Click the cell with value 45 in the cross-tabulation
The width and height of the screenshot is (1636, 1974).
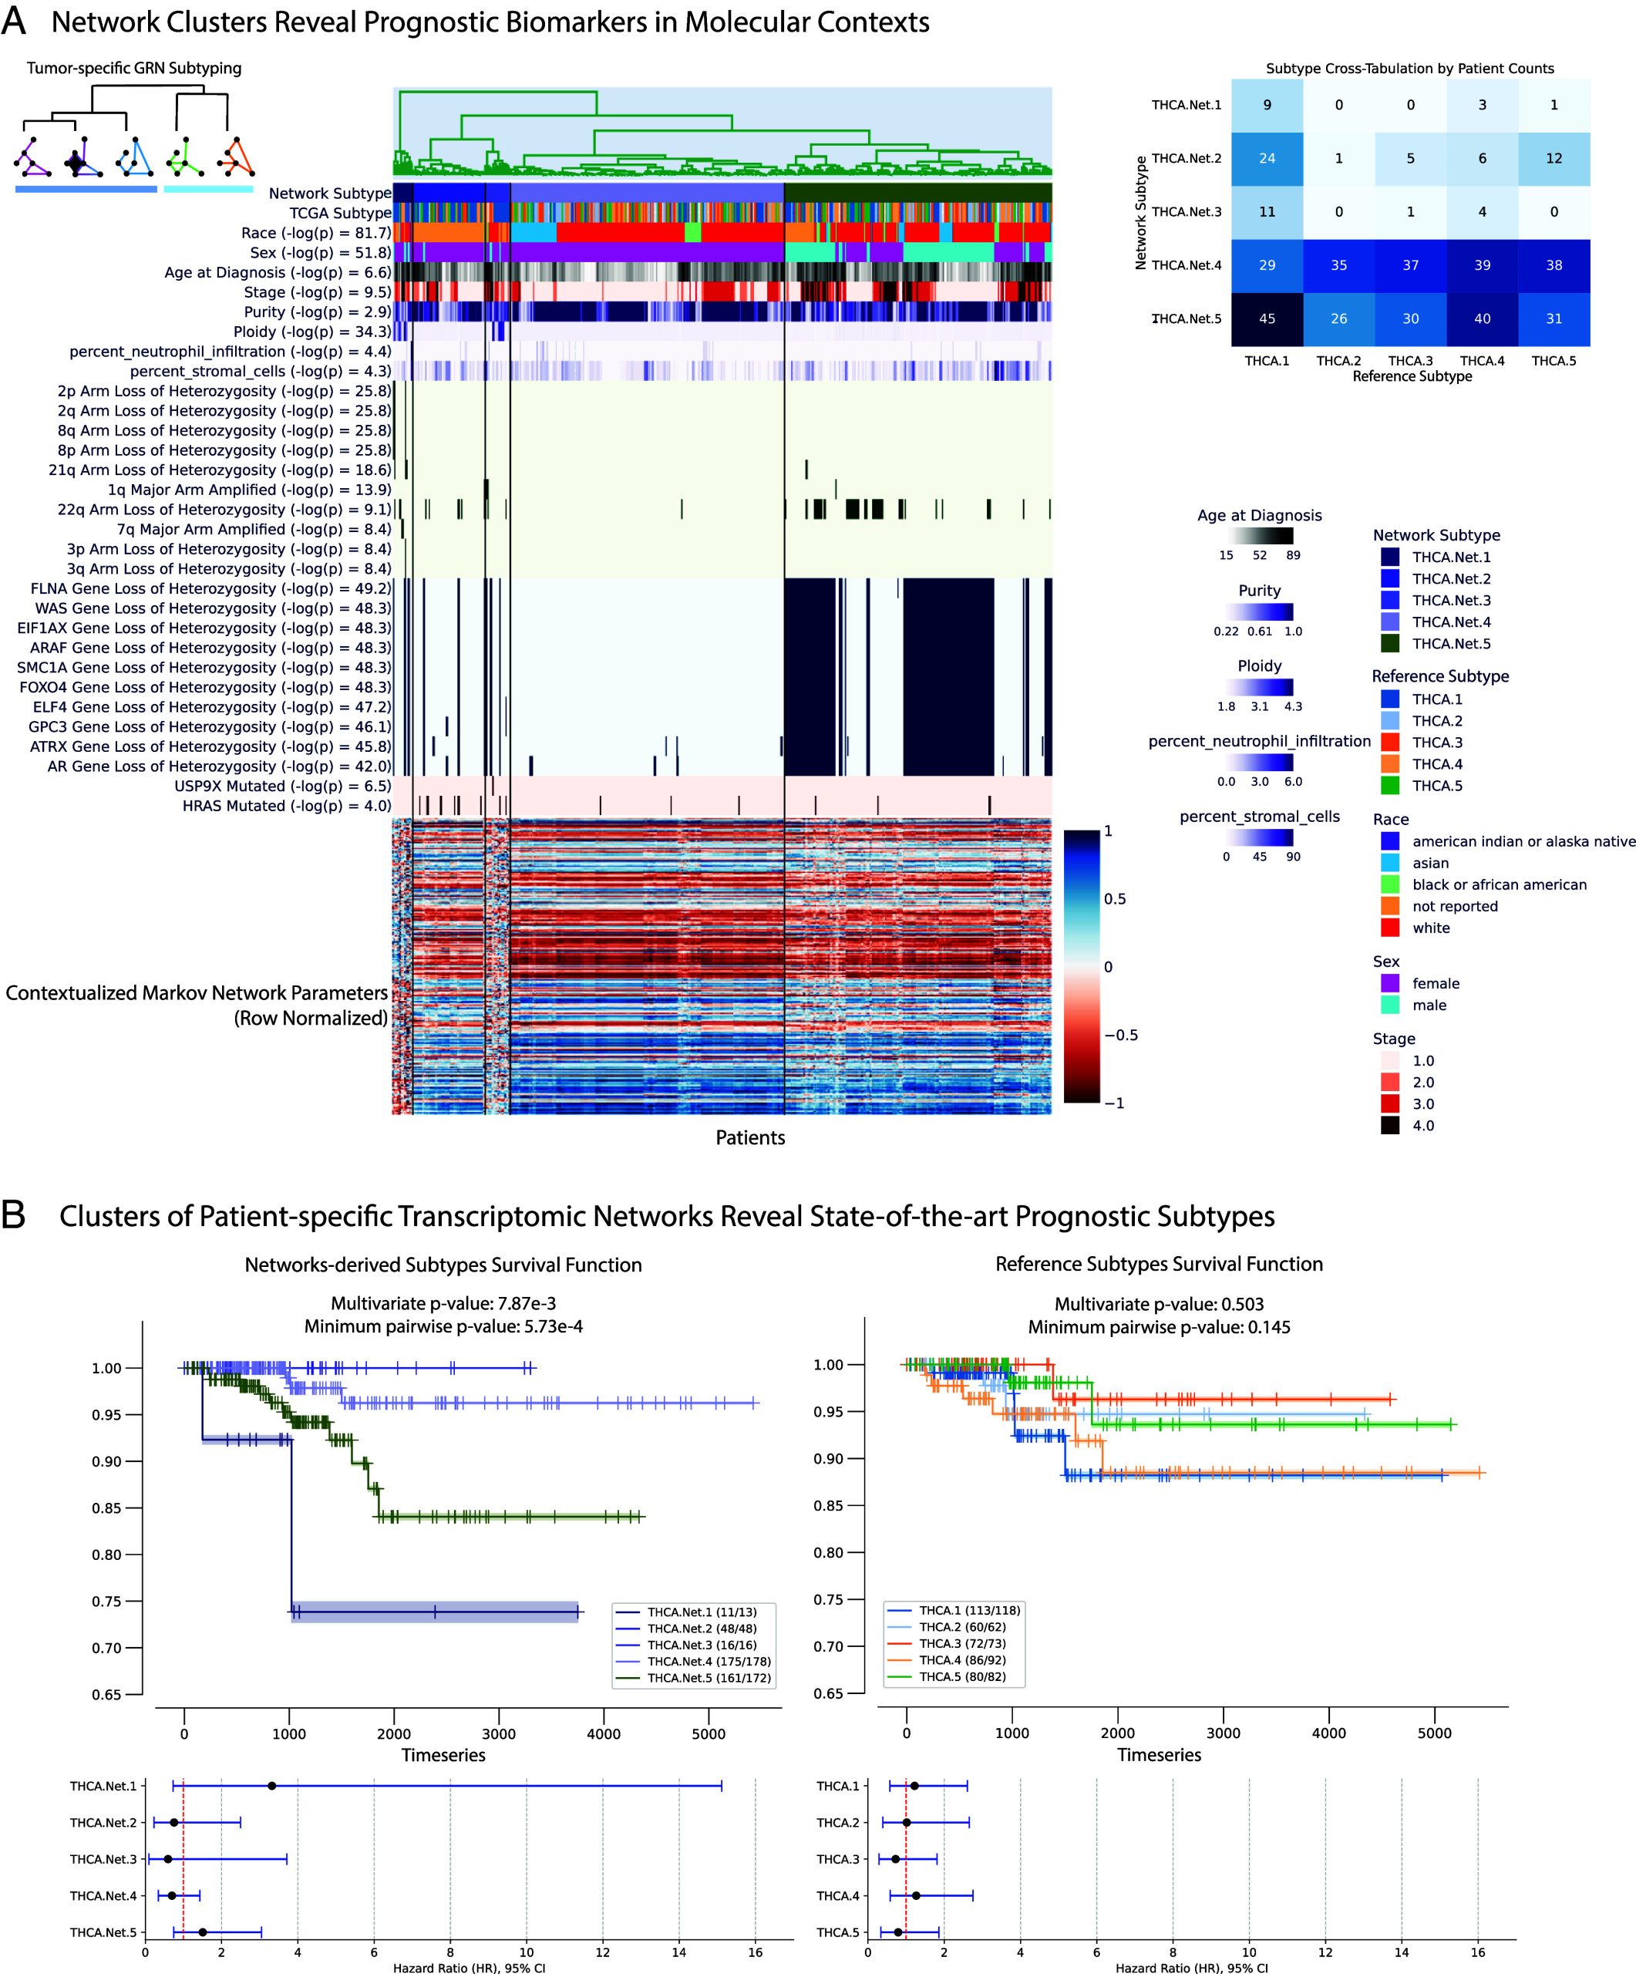[1267, 318]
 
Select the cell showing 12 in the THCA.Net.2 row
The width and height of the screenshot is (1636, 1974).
[1554, 158]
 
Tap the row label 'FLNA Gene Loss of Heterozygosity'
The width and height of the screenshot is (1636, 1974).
[210, 588]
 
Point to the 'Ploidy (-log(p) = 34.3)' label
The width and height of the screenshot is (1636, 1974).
[312, 332]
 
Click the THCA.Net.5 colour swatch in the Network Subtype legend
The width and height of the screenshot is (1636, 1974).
[1390, 644]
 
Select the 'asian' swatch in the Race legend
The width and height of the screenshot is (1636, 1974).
[1390, 863]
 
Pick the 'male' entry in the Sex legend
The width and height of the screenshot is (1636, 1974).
[1429, 1005]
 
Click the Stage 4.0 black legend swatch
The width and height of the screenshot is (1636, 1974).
[1390, 1125]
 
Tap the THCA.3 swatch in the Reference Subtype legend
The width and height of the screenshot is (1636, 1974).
[1390, 743]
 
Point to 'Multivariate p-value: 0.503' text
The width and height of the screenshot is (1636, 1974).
[1159, 1304]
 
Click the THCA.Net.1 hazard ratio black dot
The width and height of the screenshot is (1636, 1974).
[271, 1786]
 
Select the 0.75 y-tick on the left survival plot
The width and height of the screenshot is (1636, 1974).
[106, 1602]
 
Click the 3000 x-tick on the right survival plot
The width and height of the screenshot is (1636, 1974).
[1223, 1733]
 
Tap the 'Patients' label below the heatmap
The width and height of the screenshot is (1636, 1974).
[750, 1137]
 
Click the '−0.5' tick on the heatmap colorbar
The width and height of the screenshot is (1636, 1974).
[1120, 1035]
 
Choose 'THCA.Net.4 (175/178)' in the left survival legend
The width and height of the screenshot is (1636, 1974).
[708, 1661]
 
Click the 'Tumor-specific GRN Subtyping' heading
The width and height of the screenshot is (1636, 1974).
[133, 68]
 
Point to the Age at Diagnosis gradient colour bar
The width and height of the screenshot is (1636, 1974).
[1259, 536]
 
